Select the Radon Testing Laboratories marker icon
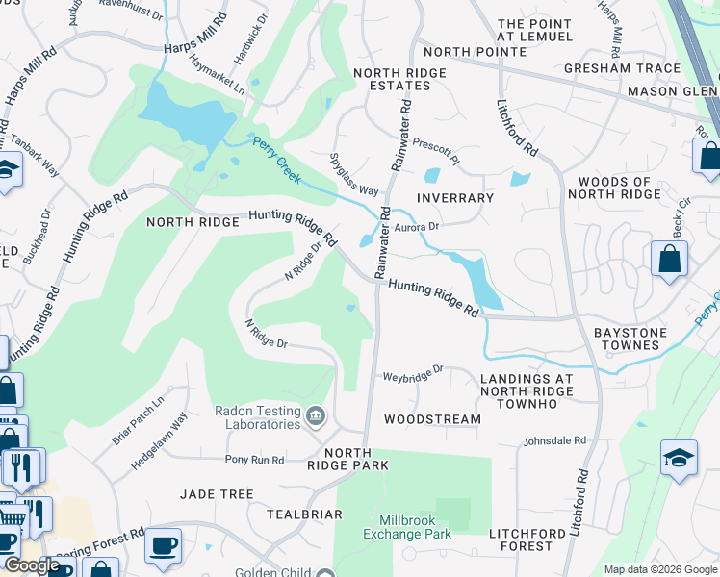(x=317, y=415)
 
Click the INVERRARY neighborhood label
(x=455, y=197)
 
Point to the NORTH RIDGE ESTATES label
(x=399, y=79)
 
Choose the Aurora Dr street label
(x=417, y=227)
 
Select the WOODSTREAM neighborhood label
(x=432, y=419)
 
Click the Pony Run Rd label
(x=255, y=460)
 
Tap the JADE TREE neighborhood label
(x=217, y=494)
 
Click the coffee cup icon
(x=162, y=544)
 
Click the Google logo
(x=32, y=566)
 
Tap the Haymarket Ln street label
(x=218, y=74)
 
